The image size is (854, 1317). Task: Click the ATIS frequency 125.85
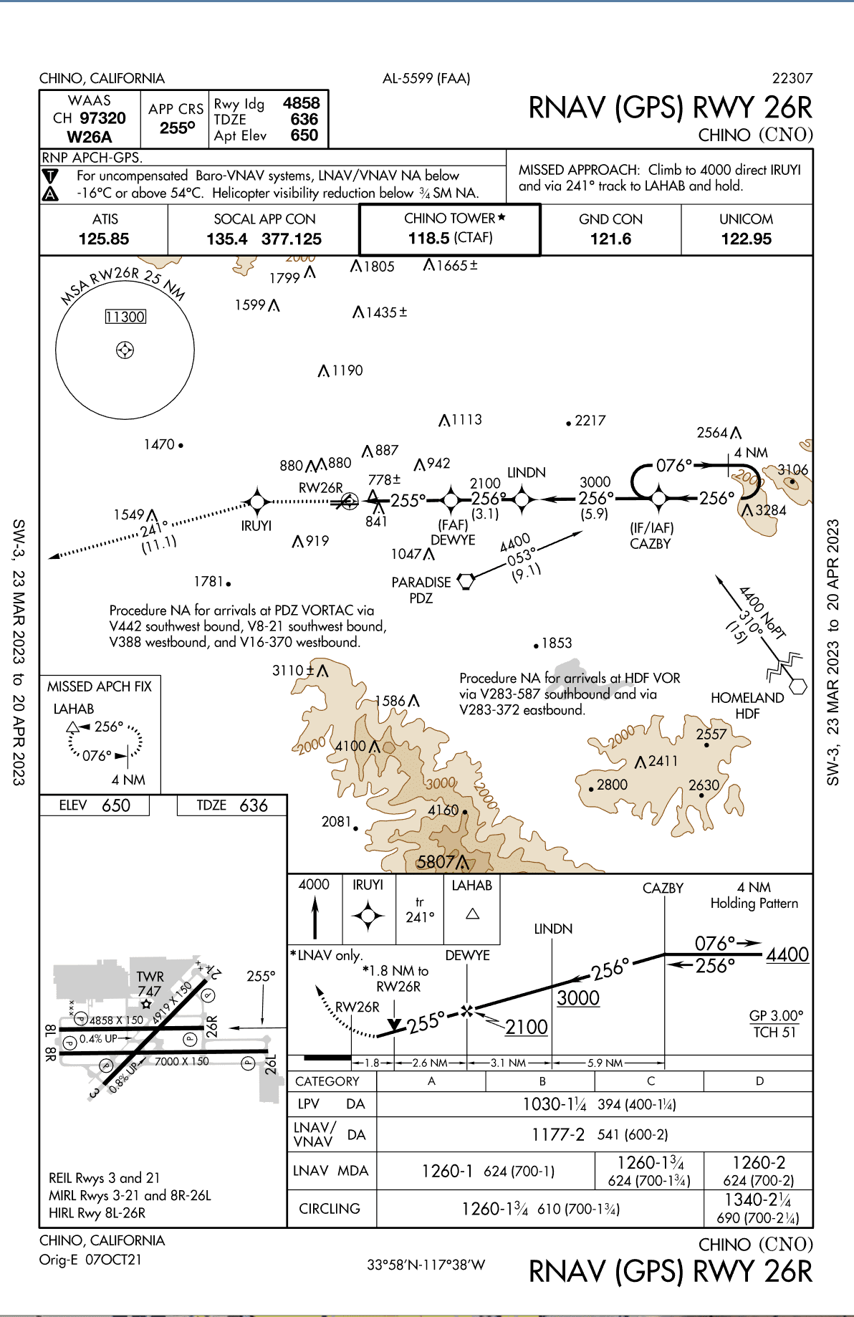104,239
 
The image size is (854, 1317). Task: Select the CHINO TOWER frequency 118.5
429,239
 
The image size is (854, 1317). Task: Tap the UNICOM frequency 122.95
746,239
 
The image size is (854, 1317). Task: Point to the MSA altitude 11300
125,317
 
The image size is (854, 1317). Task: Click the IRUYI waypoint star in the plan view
256,502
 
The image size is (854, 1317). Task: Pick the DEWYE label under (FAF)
453,540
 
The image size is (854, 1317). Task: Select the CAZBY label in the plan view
650,544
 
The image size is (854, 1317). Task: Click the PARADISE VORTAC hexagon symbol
466,580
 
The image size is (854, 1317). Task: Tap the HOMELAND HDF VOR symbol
797,686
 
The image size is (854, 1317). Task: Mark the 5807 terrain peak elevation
436,862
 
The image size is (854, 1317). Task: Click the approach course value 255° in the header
177,128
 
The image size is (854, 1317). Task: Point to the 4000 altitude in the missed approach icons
314,885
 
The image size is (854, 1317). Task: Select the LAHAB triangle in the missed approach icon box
472,914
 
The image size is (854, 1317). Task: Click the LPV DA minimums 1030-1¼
554,1104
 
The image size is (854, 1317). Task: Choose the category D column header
759,1081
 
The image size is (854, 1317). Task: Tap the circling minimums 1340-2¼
758,1200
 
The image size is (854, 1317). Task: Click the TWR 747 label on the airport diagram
150,984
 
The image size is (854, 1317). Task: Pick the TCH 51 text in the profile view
774,1033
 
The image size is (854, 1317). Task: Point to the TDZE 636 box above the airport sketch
232,806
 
